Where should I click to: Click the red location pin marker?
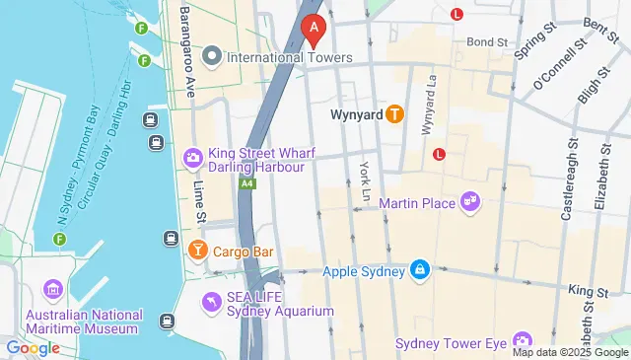pos(314,32)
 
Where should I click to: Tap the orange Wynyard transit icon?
pos(394,114)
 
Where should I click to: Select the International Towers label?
pos(289,57)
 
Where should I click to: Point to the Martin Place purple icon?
pos(470,203)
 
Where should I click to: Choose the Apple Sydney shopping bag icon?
pos(420,270)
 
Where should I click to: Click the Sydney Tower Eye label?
pos(450,343)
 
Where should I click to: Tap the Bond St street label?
pos(487,42)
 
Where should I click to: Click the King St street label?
pos(589,289)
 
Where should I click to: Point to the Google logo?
pos(33,347)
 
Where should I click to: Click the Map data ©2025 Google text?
pos(570,352)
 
